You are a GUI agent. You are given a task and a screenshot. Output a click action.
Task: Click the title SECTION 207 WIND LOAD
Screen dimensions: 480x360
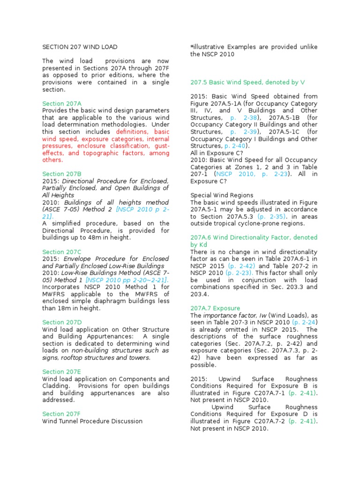(x=80, y=47)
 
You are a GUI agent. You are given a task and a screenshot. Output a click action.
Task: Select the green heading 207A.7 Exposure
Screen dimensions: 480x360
(x=215, y=308)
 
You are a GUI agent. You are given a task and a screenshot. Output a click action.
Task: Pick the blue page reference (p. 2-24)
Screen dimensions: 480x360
(x=304, y=322)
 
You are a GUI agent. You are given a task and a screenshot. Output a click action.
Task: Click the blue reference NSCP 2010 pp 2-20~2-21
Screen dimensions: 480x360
(x=136, y=280)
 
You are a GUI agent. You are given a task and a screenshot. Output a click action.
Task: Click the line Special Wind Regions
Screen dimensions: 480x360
(x=222, y=195)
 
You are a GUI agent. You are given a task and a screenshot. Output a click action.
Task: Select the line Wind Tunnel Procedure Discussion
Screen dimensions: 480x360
(x=92, y=421)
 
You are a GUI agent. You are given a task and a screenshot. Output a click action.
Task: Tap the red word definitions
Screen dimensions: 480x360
(x=135, y=132)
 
